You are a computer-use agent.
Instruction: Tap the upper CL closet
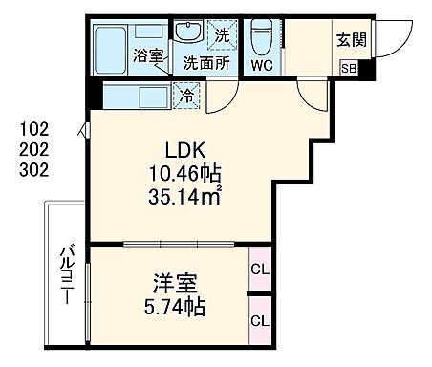[x=258, y=270]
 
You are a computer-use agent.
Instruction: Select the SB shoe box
[x=350, y=69]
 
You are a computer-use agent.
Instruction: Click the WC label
[x=261, y=65]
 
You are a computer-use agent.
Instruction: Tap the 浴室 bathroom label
[x=147, y=54]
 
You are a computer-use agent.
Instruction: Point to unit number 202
[x=33, y=150]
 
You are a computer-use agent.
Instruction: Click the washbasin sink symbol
[x=190, y=35]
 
